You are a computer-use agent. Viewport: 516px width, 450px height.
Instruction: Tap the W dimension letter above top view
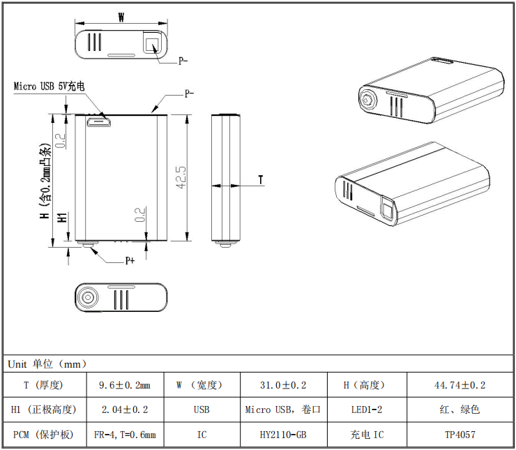[121, 18]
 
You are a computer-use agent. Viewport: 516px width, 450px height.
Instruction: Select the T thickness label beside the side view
[261, 180]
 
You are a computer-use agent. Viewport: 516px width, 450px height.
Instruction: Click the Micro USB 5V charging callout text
[50, 87]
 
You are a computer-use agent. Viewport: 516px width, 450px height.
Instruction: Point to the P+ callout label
[130, 261]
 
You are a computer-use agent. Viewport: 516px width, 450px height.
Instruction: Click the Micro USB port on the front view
[98, 123]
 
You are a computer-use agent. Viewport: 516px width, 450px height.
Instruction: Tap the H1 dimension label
[62, 217]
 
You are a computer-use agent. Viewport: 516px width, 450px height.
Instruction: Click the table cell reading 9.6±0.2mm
[125, 385]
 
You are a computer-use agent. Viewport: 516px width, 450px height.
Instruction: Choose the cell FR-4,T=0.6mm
[125, 435]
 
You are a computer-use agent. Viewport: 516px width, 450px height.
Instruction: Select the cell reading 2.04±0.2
[125, 410]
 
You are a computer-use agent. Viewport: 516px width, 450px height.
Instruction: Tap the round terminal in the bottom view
[89, 297]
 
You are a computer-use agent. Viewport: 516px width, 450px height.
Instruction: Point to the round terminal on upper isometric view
[367, 100]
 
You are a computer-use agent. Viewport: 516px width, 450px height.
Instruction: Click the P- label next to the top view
[183, 61]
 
